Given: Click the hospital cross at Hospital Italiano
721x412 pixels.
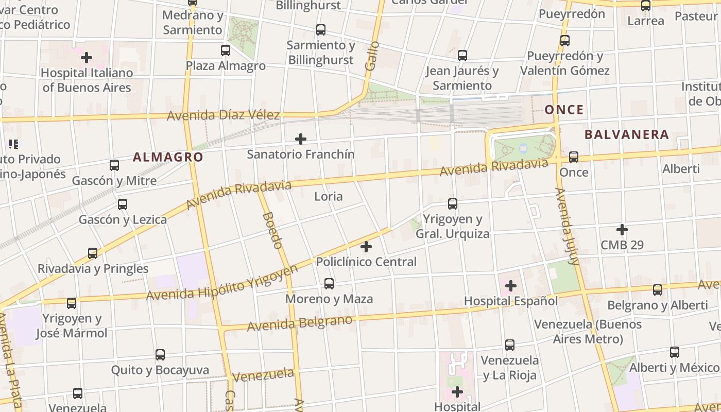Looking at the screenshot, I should point(86,57).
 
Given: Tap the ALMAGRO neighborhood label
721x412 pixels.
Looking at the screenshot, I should point(168,158).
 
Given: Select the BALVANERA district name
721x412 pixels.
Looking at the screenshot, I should point(627,135).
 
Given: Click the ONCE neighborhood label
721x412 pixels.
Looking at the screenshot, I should point(564,110).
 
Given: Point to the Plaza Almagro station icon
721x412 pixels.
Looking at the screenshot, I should point(226,50).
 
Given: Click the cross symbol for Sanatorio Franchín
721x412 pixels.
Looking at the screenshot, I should point(301,139).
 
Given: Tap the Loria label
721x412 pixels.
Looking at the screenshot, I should point(329,196).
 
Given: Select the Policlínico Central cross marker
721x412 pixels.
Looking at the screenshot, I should point(366,247).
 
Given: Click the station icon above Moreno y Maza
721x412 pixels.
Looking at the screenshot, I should point(329,283).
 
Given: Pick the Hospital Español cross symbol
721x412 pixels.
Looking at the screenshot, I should point(511,285).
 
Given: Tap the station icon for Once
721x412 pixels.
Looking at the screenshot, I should point(574,157).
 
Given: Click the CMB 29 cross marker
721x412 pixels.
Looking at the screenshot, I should point(622,229).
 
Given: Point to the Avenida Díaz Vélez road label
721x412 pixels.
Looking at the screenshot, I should point(223,115).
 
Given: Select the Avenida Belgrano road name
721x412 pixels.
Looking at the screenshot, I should point(300,323).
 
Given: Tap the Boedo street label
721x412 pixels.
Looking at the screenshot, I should point(273,230).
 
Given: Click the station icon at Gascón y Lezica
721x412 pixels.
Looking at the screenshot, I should point(123,204).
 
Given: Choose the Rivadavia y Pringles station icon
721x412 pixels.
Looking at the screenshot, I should point(93,253).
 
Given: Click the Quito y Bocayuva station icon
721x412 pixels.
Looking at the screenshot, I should point(160,354).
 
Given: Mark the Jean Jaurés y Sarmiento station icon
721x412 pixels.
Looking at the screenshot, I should point(462,55).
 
